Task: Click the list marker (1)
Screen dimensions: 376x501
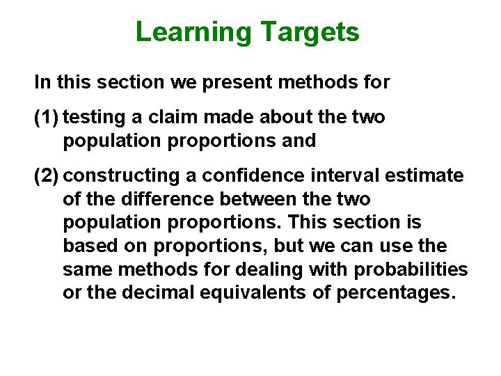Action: click(47, 118)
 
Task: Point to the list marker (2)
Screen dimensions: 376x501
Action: click(47, 175)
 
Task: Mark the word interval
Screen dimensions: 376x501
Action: click(336, 175)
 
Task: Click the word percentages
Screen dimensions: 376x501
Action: click(396, 293)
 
